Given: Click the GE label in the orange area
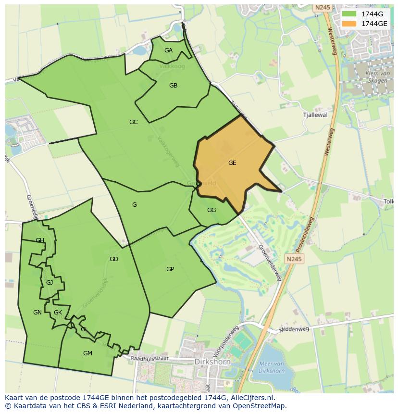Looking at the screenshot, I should coord(232,163).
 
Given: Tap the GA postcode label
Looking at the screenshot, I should coord(168,50).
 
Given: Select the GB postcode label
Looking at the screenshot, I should coord(173,86).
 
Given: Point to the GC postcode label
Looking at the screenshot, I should coord(134,122).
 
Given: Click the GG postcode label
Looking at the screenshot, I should coord(211,210).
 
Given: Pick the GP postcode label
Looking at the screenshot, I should coord(170,269).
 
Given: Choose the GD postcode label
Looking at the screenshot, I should coord(114,259).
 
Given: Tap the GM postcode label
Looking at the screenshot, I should coord(87,353).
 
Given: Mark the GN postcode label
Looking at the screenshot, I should coord(37,313).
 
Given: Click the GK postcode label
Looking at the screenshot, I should coord(58,313).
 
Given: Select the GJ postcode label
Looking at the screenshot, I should coord(50,283).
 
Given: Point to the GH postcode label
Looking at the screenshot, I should coord(40,240).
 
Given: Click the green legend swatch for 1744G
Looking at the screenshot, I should coord(349,14).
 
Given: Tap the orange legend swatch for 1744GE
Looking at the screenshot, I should coord(349,24).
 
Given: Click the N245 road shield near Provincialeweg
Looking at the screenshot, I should coord(294,259).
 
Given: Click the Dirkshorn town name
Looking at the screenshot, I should coord(212,362).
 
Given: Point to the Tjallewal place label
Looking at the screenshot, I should coord(315,115).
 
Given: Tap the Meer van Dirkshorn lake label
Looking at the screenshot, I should coord(272,367).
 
